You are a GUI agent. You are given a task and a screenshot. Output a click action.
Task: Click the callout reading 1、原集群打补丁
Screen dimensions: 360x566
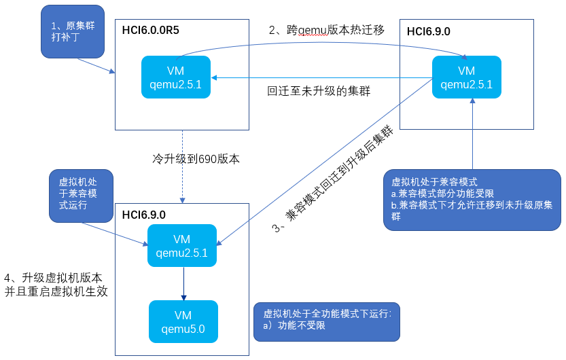tap(73, 32)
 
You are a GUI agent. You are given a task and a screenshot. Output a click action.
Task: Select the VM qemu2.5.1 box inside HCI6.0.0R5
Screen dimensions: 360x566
tap(176, 78)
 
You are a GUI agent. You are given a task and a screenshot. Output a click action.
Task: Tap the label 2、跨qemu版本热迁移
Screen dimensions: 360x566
tap(326, 30)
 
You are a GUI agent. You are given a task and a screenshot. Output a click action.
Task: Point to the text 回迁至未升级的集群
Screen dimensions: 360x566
tap(318, 90)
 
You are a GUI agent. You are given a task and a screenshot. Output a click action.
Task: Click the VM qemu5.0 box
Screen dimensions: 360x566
tap(183, 322)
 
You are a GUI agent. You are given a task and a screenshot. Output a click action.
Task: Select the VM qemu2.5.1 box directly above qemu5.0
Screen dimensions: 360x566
tap(181, 246)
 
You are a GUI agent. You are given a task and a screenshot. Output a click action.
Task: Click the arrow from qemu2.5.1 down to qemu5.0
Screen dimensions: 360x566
tap(183, 283)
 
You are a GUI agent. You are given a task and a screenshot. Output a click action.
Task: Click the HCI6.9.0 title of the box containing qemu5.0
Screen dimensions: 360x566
tap(144, 215)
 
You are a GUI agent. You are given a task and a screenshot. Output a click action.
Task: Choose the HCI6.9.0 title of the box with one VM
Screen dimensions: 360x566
tap(428, 31)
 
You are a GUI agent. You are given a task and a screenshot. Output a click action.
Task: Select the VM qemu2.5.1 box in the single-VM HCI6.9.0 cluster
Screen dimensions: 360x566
tap(467, 78)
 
